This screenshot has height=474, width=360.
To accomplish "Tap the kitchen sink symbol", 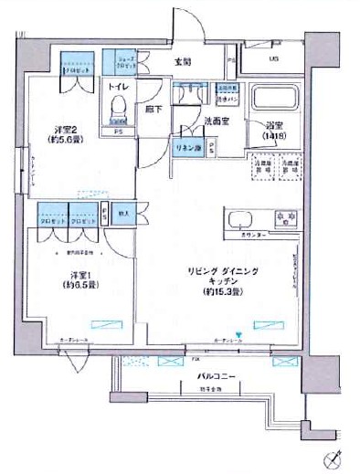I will (242, 220).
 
